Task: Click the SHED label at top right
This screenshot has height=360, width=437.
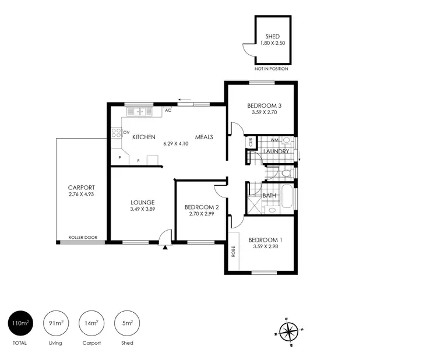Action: (x=273, y=36)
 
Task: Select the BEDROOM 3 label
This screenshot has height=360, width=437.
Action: (x=264, y=105)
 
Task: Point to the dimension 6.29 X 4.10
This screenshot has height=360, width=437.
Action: (x=177, y=143)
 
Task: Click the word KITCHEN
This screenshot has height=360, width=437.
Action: (x=143, y=137)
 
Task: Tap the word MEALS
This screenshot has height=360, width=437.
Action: (x=204, y=137)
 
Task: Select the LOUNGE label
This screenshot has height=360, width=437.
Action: (x=142, y=202)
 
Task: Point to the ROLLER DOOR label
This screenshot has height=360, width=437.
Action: (x=83, y=238)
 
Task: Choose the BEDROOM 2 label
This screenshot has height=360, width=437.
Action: (x=202, y=207)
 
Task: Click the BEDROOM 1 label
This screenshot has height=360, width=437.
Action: (x=265, y=240)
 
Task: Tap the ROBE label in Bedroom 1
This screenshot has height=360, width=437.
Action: (x=234, y=252)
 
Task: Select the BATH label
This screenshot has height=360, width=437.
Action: (x=269, y=196)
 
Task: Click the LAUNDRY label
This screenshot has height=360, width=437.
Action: (x=276, y=152)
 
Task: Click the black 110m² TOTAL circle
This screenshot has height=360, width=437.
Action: (x=19, y=322)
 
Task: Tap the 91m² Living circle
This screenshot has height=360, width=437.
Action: (x=55, y=322)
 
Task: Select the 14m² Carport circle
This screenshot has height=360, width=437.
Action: (x=91, y=322)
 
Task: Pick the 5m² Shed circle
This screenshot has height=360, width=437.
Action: (x=127, y=322)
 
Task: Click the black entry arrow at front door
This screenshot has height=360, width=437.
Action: (x=165, y=247)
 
